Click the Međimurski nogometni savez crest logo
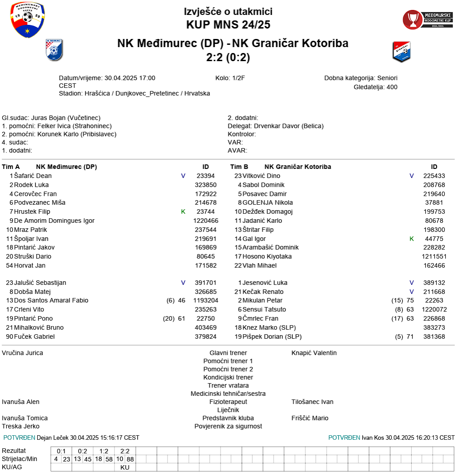tap(28, 20)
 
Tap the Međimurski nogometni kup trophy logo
tap(428, 19)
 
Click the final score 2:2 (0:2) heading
tap(228, 58)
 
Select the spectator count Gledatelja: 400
tap(375, 87)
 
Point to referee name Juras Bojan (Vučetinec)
tap(66, 118)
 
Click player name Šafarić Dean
tap(33, 176)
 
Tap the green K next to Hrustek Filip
tap(183, 212)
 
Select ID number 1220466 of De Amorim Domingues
tap(206, 221)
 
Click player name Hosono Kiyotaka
tap(267, 256)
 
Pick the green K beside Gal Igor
tap(412, 239)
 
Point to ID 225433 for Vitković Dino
tap(434, 176)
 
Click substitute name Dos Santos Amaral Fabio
tap(51, 300)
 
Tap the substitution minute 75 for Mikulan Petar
tap(410, 300)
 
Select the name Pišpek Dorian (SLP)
tap(272, 337)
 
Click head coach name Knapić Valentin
tap(314, 353)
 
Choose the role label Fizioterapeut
tap(228, 402)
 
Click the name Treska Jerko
tap(20, 426)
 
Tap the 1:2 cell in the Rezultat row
tap(104, 451)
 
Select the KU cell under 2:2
tap(125, 467)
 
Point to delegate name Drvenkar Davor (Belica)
tap(289, 126)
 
